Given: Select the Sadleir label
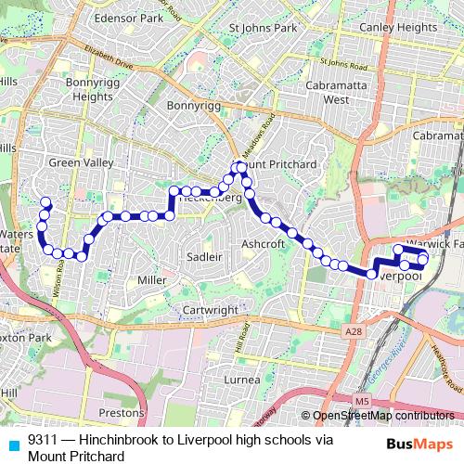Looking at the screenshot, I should tap(204, 256).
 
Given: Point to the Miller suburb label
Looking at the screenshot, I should tap(150, 280).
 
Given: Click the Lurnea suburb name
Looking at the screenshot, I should tap(242, 380).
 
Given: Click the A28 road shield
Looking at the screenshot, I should tap(351, 331).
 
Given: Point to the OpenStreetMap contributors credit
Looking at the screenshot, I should tap(382, 417).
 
